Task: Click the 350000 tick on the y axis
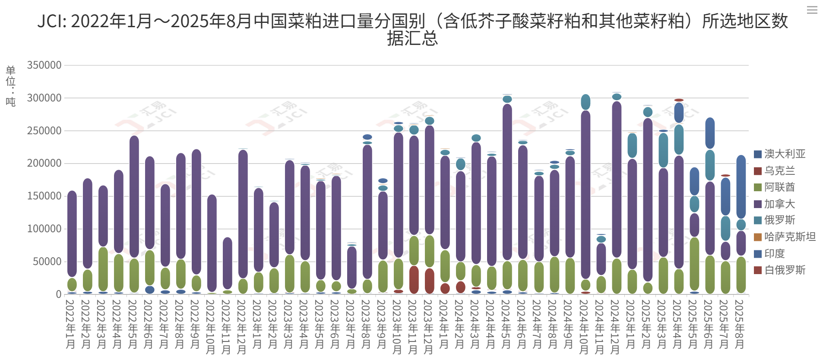pos(44,65)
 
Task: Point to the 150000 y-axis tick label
pos(44,196)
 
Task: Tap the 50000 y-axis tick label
pos(47,262)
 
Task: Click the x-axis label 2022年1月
pos(70,324)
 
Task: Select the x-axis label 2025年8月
pos(739,324)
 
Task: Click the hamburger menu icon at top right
pos(812,10)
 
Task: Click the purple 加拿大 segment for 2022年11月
pos(228,263)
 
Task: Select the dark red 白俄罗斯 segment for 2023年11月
pos(414,280)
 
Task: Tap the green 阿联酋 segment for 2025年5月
pos(694,263)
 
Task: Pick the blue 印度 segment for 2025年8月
pos(741,186)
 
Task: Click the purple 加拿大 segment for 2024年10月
pos(586,194)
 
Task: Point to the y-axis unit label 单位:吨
pos(11,86)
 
